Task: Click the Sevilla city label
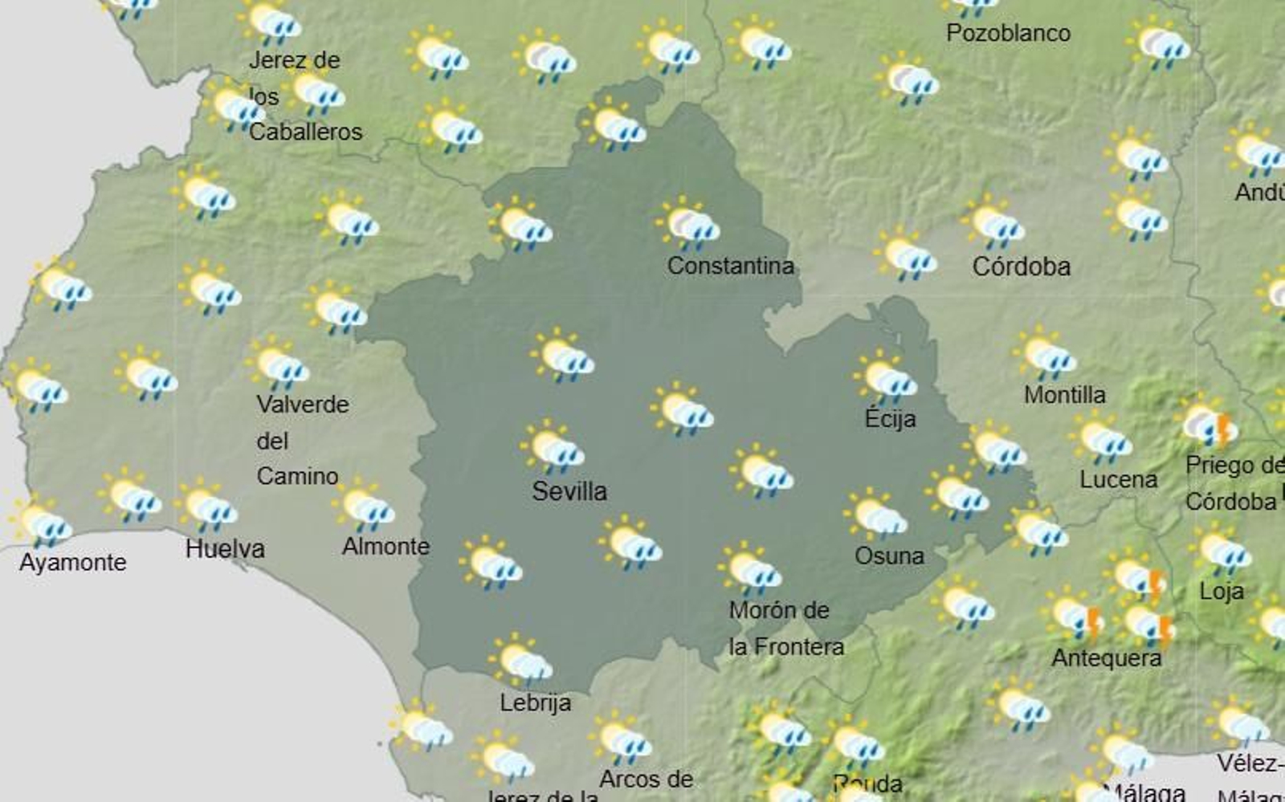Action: point(569,491)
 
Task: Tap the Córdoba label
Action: point(1021,267)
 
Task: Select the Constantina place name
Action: point(730,266)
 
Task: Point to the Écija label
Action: point(890,418)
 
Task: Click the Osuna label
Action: point(889,556)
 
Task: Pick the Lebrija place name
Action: point(535,702)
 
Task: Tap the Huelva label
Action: point(225,549)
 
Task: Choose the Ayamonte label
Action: point(72,562)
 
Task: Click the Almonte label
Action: point(385,547)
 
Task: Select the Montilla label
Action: point(1064,395)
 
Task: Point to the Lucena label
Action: point(1118,480)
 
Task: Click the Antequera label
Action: point(1106,658)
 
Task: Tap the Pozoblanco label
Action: point(1008,33)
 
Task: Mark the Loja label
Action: point(1221,592)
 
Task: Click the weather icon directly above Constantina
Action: point(688,224)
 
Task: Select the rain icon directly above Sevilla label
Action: point(553,447)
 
